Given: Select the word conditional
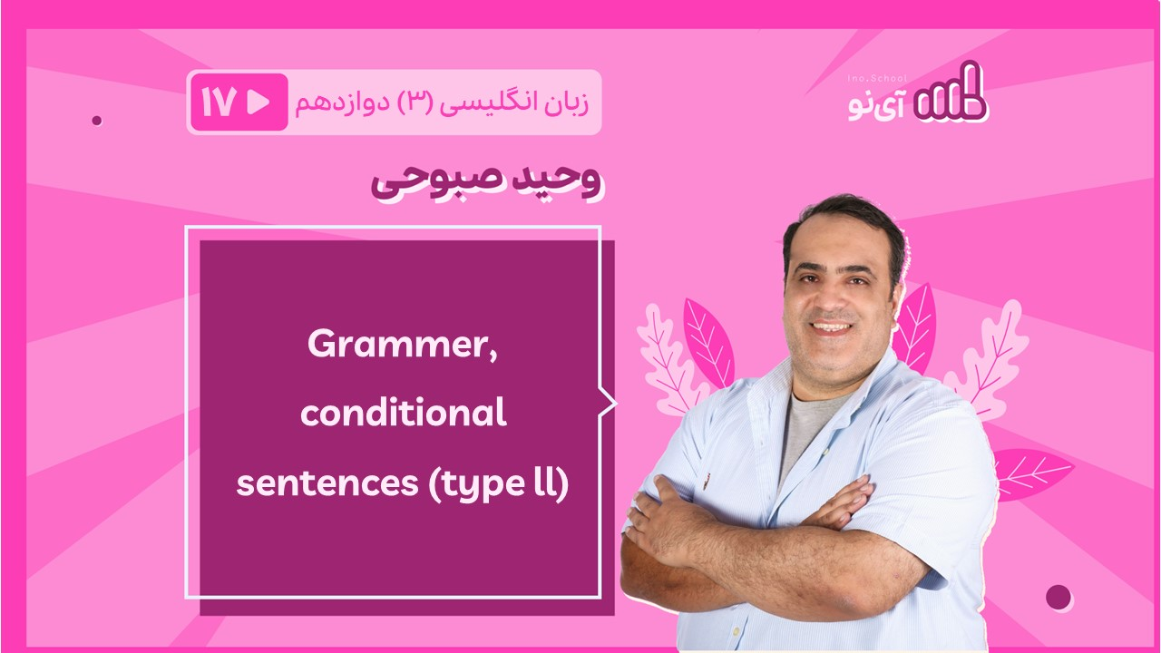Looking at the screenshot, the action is coord(404,413).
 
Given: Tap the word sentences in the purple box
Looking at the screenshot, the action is coord(327,483).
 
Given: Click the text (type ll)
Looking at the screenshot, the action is coord(499,483).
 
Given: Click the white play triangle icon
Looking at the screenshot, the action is coord(258,102).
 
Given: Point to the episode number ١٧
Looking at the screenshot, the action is coord(219,102).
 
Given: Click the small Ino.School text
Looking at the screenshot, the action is coord(877,79).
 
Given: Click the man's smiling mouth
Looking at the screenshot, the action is coord(832,327).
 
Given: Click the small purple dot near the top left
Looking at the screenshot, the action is coord(97,121).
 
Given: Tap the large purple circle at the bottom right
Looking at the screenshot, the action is coord(1059,598).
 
